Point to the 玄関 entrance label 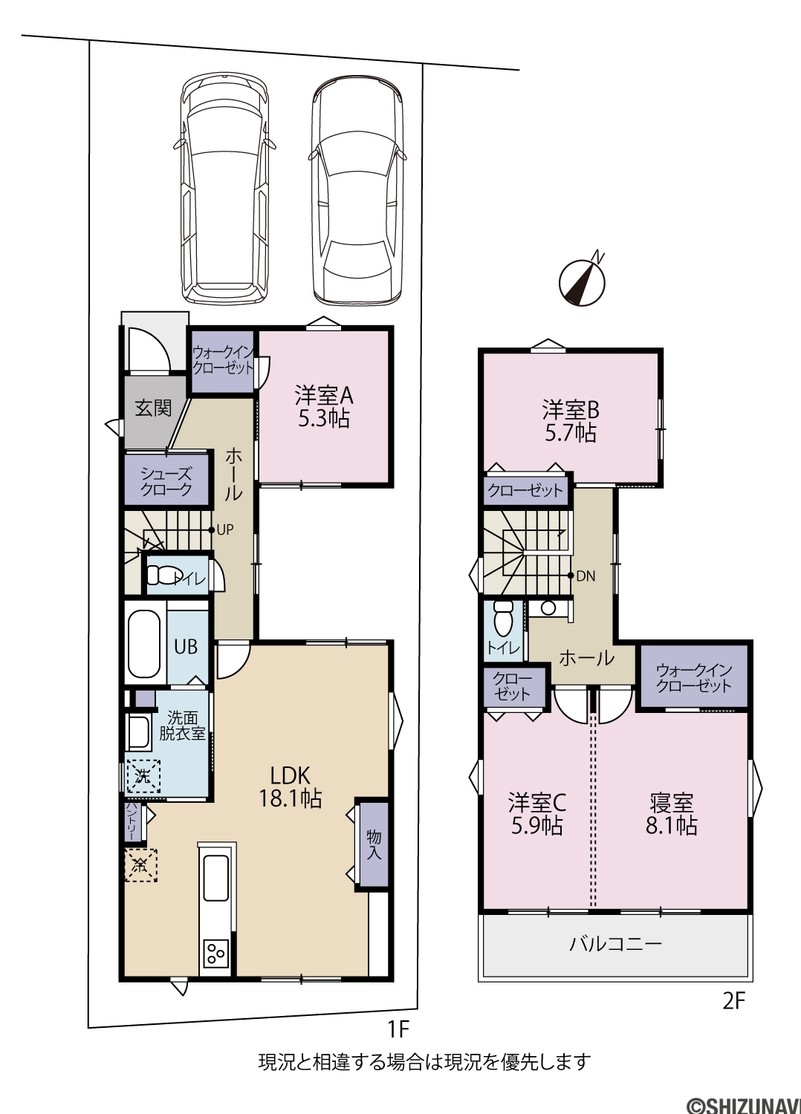click(153, 408)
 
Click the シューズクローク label click(166, 481)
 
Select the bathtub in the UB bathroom click(144, 644)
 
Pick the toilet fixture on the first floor click(160, 576)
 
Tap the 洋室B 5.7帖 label click(571, 422)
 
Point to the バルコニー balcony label click(615, 943)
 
